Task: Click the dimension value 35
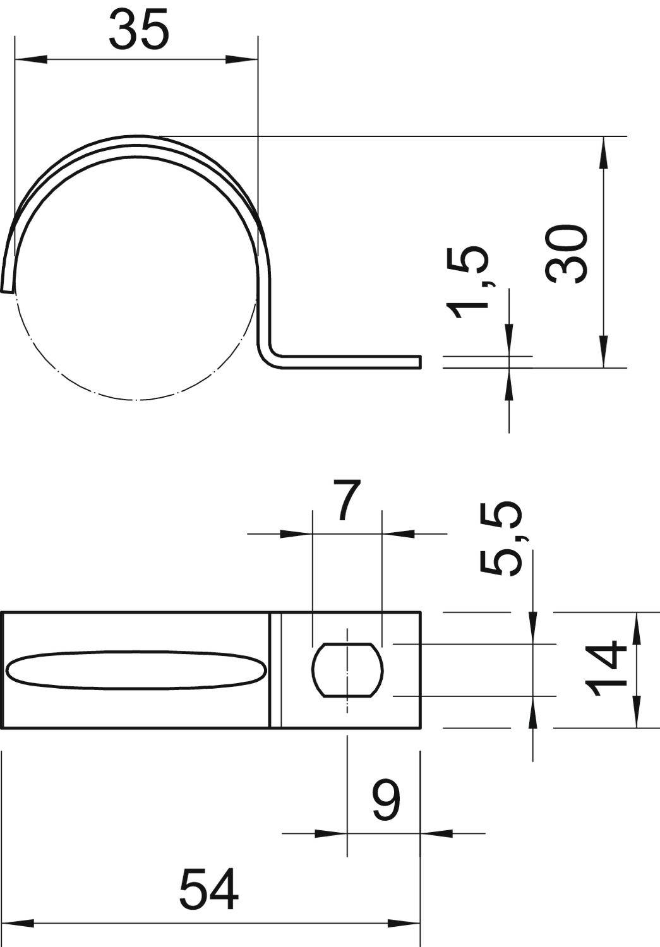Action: click(x=139, y=30)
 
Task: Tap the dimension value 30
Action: click(x=567, y=253)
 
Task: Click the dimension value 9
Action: click(x=385, y=800)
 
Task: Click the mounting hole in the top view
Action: click(x=347, y=670)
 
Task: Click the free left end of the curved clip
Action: click(x=7, y=288)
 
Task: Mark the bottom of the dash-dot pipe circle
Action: click(x=136, y=399)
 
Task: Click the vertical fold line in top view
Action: click(x=275, y=670)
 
